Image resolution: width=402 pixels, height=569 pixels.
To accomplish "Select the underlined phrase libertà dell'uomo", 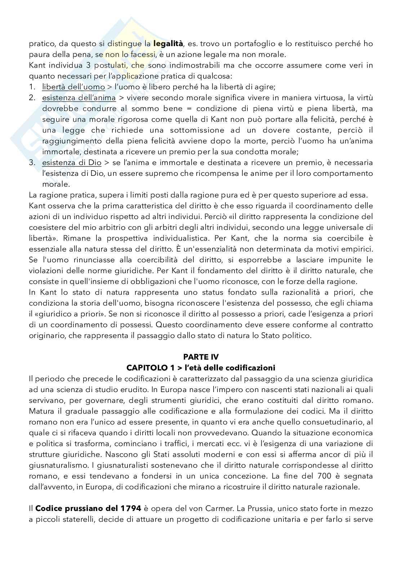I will point(73,87).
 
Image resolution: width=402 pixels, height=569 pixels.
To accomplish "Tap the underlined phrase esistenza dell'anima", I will point(79,98).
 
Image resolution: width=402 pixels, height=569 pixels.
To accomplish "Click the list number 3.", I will point(32,163).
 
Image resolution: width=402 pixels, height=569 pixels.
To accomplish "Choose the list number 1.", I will point(32,87).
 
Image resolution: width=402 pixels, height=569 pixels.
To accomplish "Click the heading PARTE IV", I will point(201,357).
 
